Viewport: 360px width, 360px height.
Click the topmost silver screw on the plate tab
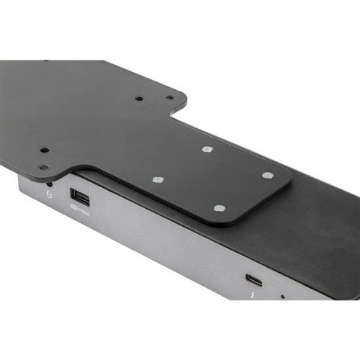tap(207, 149)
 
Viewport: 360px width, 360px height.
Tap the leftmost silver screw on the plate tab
tap(159, 179)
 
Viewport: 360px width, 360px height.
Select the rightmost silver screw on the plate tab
tap(267, 175)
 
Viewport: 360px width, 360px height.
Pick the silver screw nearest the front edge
tap(220, 208)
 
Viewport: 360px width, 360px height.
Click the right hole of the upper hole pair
tap(169, 97)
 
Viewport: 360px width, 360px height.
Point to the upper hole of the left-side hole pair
tap(45, 150)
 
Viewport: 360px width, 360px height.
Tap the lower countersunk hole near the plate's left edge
tap(45, 168)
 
